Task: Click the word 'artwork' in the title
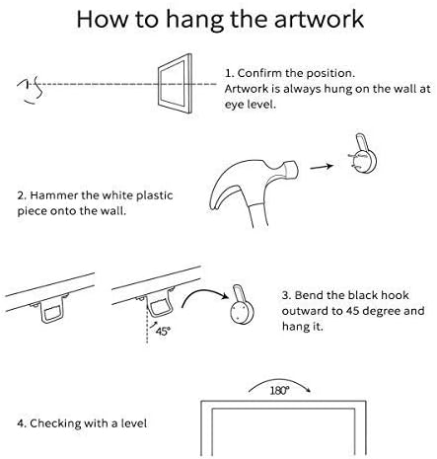(319, 20)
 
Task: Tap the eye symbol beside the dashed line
(31, 90)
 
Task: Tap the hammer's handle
(258, 214)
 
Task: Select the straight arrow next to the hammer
(322, 167)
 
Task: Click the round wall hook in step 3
(242, 313)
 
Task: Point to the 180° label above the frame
(280, 391)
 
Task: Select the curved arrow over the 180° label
(279, 380)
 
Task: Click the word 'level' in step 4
(134, 423)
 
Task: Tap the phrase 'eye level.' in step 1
(250, 105)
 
